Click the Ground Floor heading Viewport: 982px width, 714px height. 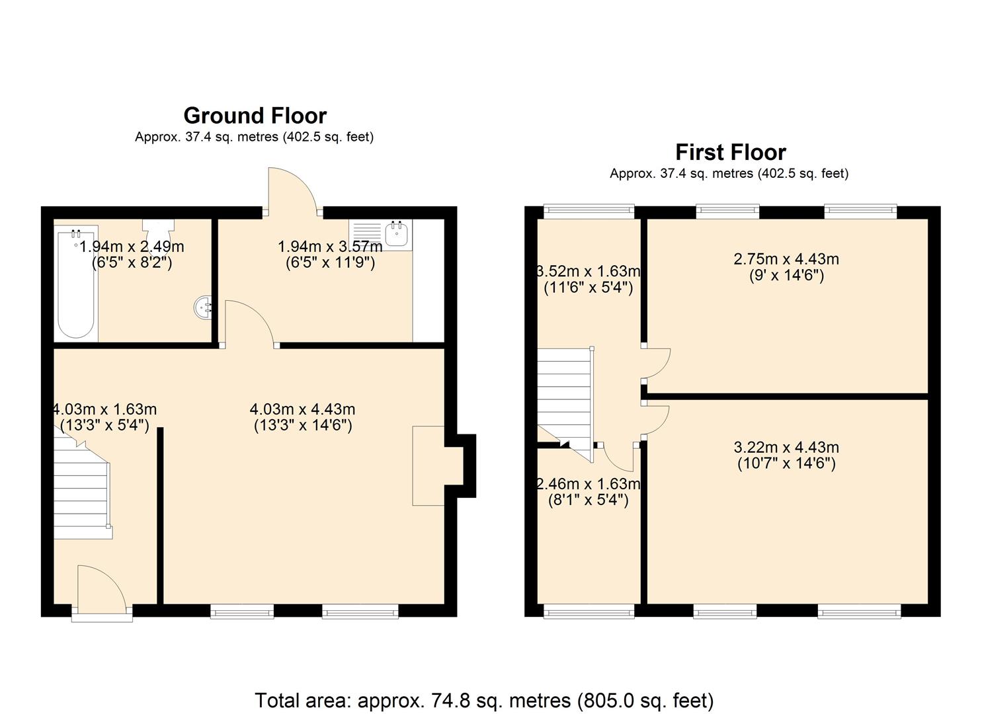(255, 116)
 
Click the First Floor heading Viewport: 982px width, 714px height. (730, 152)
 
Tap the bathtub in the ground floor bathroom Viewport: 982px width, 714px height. (75, 284)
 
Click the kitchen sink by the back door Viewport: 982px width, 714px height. (397, 235)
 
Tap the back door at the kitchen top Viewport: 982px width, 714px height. (292, 191)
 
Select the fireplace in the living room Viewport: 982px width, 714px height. (429, 466)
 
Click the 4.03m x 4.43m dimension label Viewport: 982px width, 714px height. (302, 417)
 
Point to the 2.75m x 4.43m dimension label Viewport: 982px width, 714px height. (786, 267)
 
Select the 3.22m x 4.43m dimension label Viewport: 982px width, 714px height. (786, 455)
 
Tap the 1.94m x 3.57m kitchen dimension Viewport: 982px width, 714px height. (330, 255)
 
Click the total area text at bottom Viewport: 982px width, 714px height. (484, 700)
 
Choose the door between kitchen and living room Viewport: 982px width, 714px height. (250, 324)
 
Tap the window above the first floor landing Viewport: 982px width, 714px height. (589, 211)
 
